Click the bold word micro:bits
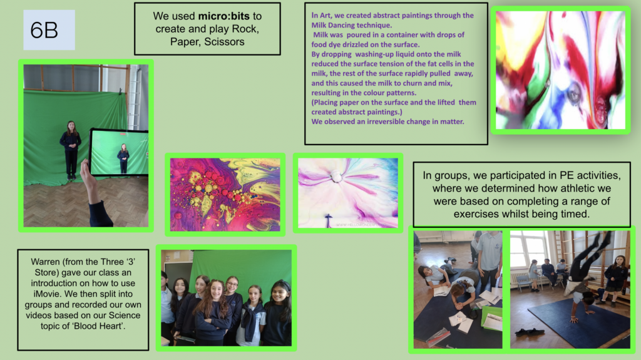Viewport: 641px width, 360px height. pyautogui.click(x=223, y=16)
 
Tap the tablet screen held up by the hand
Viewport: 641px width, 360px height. pyautogui.click(x=119, y=152)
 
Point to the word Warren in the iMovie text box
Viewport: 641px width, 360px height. pyautogui.click(x=44, y=262)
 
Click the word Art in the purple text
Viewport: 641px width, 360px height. pyautogui.click(x=325, y=16)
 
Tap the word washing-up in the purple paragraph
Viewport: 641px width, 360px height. pyautogui.click(x=372, y=54)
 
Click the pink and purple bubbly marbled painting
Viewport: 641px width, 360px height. pyautogui.click(x=225, y=195)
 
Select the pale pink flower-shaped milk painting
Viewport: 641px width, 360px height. pyautogui.click(x=348, y=193)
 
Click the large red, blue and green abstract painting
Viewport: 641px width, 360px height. pyautogui.click(x=560, y=70)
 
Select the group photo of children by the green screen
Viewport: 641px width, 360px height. pyautogui.click(x=226, y=298)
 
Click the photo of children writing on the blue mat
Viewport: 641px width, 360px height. pyautogui.click(x=458, y=290)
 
